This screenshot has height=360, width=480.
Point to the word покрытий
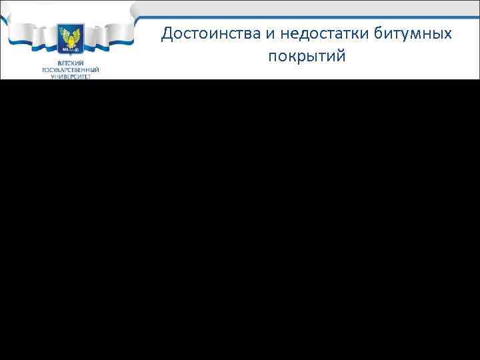307,55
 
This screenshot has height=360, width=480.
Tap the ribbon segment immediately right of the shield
97,37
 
